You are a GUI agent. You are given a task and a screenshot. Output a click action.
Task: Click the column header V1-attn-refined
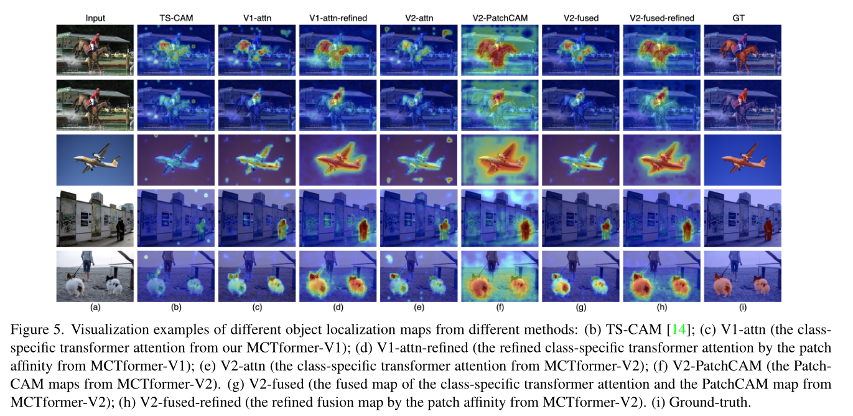click(338, 18)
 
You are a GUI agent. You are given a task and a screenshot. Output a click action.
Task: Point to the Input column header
click(95, 18)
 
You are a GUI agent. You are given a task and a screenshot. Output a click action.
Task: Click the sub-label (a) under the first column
click(95, 307)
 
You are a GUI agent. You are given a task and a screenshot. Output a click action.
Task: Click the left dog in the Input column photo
click(76, 287)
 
